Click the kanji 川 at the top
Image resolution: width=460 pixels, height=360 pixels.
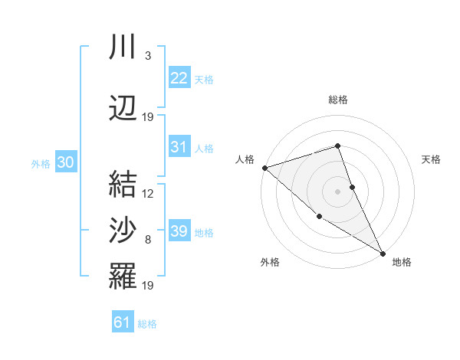coord(123,47)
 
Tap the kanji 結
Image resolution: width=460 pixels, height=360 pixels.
coord(123,183)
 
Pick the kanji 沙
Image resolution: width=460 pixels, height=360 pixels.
coord(123,229)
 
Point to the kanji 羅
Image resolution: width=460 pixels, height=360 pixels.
coord(123,275)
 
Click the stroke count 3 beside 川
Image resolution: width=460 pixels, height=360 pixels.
coord(147,55)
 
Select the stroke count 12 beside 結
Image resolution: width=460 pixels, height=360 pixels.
coord(148,193)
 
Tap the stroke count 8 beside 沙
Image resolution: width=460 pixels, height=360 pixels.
coord(147,240)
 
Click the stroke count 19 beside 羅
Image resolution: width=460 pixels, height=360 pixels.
coord(148,286)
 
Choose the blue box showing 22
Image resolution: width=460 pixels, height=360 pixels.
coord(179,77)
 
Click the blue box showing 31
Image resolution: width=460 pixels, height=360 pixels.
coord(179,147)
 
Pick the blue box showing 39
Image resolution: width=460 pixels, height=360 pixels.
coord(179,231)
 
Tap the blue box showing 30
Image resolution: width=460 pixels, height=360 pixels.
coord(65,162)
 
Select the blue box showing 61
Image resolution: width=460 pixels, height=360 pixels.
coord(122,322)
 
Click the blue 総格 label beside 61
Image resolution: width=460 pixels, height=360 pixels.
coord(147,324)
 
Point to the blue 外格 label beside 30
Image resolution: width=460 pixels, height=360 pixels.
coord(41,164)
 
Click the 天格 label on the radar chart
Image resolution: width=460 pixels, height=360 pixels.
coord(432,159)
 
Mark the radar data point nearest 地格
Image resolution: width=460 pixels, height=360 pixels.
coord(383,254)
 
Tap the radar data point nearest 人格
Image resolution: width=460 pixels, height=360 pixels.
coord(264,167)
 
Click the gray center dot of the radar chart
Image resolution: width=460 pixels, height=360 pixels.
coord(337,191)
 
